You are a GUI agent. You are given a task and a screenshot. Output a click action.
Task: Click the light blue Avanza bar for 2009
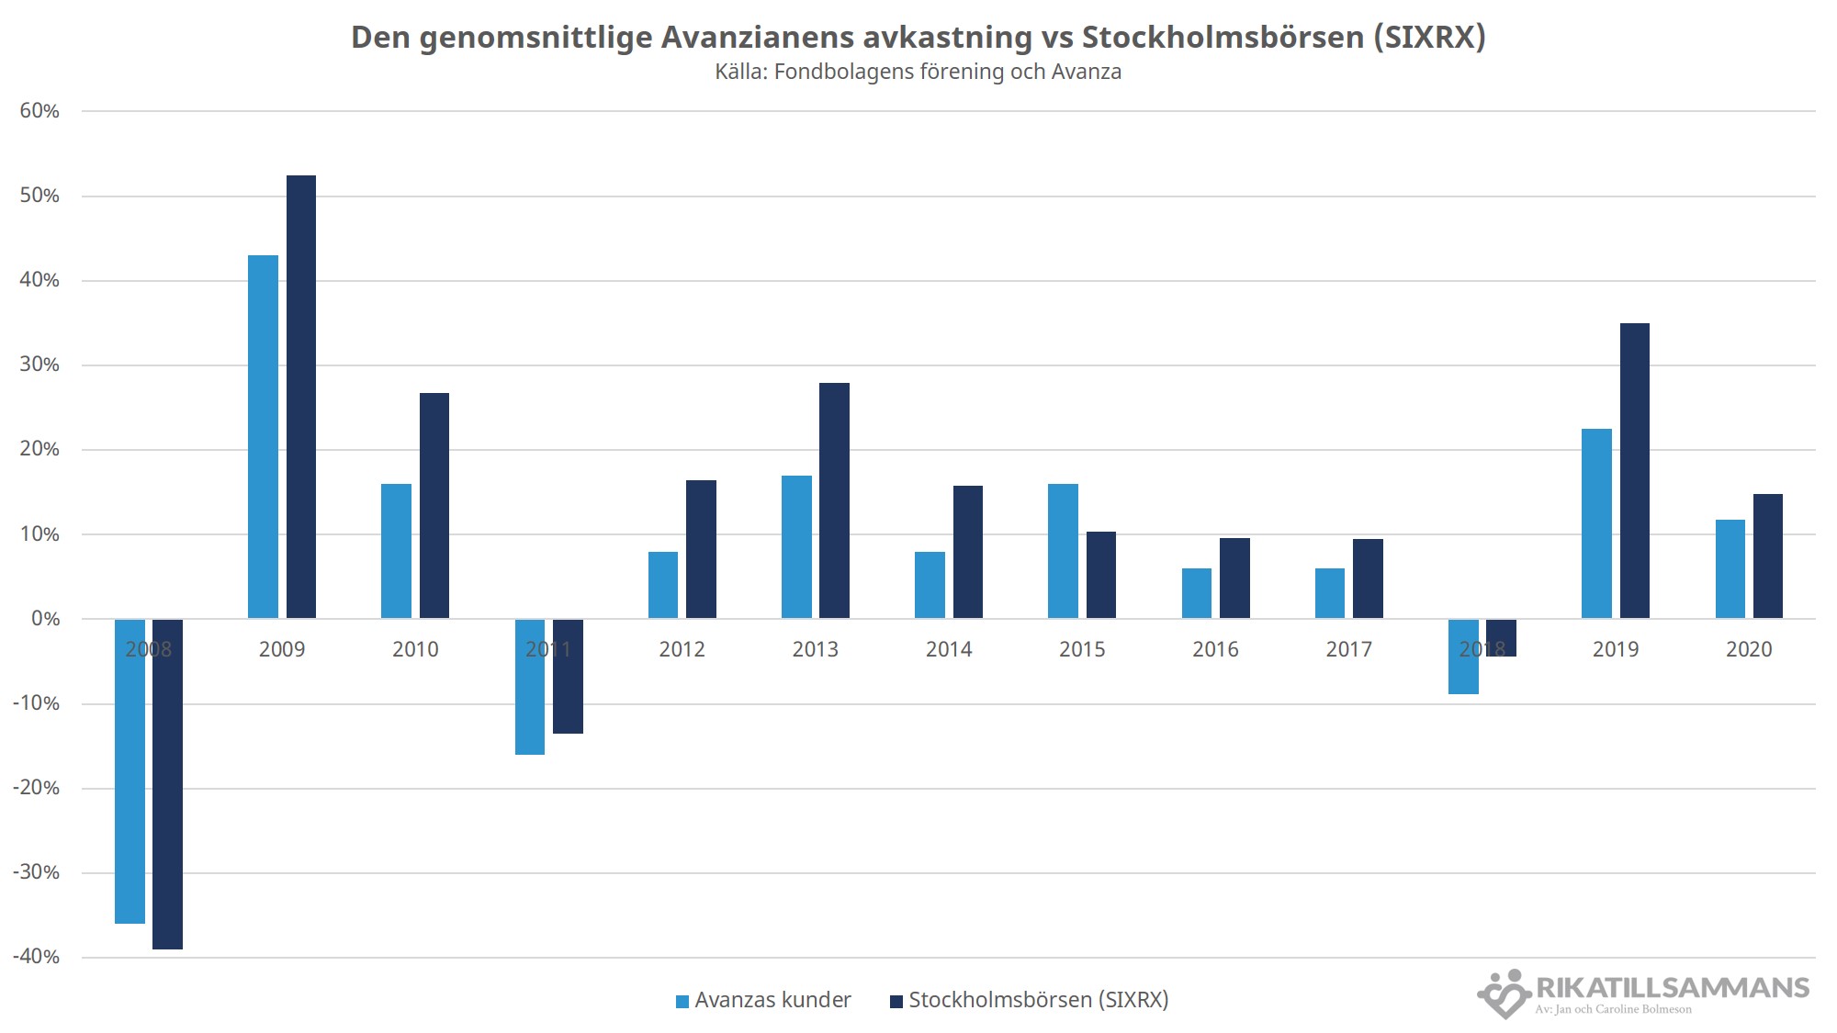(x=263, y=436)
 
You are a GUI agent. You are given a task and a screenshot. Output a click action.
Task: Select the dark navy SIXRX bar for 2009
(x=301, y=397)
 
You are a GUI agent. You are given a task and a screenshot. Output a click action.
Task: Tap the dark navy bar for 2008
(x=167, y=784)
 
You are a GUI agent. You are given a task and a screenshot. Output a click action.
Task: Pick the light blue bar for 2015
(x=1063, y=551)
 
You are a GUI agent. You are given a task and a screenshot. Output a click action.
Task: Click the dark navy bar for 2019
(x=1635, y=471)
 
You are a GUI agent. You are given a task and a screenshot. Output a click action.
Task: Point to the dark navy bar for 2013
(x=834, y=500)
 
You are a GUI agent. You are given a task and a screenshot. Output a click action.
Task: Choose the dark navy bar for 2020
(x=1768, y=556)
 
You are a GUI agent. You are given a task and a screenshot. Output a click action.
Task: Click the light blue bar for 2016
(x=1196, y=593)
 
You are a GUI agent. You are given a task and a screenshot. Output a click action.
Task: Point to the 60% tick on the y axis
(x=39, y=111)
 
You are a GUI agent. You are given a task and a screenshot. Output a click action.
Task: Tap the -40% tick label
(x=37, y=957)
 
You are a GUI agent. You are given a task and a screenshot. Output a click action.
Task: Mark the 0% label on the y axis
(x=45, y=619)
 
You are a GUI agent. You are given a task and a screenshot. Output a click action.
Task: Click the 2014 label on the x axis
(x=949, y=649)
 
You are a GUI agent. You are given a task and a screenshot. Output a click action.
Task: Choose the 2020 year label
(x=1749, y=649)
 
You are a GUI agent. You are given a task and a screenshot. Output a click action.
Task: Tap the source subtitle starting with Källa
(x=918, y=72)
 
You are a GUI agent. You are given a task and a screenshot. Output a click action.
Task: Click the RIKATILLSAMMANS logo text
(x=1672, y=988)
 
